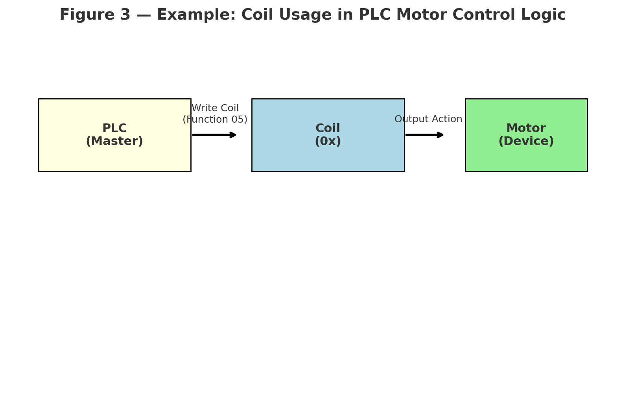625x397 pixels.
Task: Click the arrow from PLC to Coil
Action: pyautogui.click(x=214, y=135)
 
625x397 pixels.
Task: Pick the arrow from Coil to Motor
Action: pyautogui.click(x=424, y=135)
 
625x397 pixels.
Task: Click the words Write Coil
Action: pyautogui.click(x=215, y=108)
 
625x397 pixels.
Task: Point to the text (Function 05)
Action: pyautogui.click(x=215, y=119)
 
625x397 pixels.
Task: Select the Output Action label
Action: pyautogui.click(x=428, y=119)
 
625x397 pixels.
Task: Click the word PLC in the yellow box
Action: pyautogui.click(x=114, y=129)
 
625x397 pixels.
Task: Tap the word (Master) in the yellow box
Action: pyautogui.click(x=114, y=142)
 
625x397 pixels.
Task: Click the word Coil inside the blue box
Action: pyautogui.click(x=328, y=129)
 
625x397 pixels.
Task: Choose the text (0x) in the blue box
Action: pyautogui.click(x=328, y=142)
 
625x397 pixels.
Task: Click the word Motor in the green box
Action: pyautogui.click(x=526, y=129)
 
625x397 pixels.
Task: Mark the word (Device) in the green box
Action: pyautogui.click(x=526, y=142)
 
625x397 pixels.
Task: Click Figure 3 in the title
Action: pyautogui.click(x=95, y=15)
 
